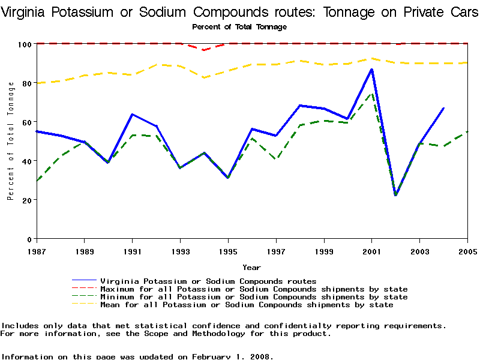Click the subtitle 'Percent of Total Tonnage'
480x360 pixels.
[x=239, y=27]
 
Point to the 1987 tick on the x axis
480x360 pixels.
[x=36, y=251]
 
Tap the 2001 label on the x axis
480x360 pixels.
[x=371, y=251]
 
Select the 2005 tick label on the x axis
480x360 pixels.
[x=467, y=251]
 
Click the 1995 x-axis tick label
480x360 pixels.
[x=228, y=251]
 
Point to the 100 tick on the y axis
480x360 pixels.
[x=25, y=44]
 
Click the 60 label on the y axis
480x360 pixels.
[x=27, y=122]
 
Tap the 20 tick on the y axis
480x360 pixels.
[x=27, y=200]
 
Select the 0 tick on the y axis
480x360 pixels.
[x=29, y=239]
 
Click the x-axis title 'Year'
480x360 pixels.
[x=251, y=267]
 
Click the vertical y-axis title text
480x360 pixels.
[x=11, y=148]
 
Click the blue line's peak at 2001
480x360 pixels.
[x=371, y=70]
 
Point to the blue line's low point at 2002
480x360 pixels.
[x=395, y=195]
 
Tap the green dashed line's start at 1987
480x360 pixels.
[x=37, y=181]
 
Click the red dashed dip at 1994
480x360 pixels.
[x=204, y=50]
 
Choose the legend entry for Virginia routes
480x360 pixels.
[x=208, y=281]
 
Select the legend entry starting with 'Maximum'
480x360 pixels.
[x=254, y=289]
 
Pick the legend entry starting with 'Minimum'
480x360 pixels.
[x=254, y=297]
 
